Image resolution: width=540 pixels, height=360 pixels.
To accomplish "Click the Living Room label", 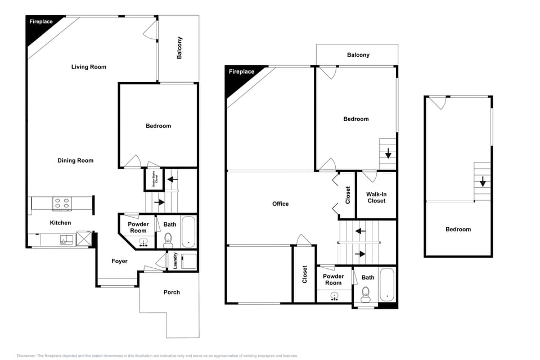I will point(89,67).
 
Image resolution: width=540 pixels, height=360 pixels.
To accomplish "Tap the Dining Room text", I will point(75,161).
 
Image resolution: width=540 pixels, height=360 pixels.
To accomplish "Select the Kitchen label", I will point(60,223).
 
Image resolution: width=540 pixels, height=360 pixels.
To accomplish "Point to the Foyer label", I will point(119,261).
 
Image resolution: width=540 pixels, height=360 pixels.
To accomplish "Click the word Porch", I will point(172,292).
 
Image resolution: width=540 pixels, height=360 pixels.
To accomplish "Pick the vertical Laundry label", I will point(175,261).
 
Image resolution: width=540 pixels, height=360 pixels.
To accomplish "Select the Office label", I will point(280,204).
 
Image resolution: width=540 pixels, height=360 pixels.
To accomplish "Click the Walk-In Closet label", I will point(376,197).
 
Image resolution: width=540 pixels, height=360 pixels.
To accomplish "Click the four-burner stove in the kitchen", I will point(61,203).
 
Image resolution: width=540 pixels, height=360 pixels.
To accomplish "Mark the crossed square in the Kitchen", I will point(84,239).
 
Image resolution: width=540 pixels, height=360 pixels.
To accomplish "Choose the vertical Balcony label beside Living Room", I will point(179,48).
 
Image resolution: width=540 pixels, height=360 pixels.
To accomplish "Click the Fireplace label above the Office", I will point(241,71).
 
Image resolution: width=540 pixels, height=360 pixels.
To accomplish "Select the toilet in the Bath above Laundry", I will point(168,242).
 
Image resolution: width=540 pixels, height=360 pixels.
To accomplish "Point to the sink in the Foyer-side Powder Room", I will point(143,243).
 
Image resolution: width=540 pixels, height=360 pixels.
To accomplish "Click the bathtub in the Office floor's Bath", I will point(387,285).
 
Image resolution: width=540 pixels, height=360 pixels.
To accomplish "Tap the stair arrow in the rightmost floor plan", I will point(483,182).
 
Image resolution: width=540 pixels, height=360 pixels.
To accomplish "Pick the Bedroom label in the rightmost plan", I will point(458,229).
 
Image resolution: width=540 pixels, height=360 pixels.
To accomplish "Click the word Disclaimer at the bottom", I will point(26,355).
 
